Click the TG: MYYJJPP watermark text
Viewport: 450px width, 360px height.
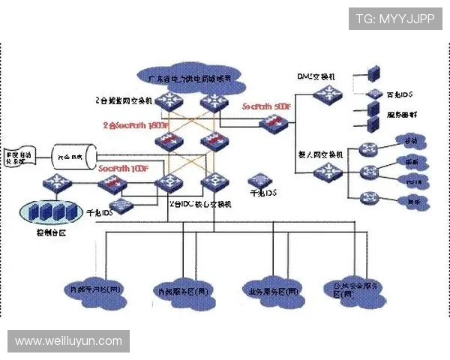[395, 19]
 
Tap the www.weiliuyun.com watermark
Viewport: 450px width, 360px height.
[68, 341]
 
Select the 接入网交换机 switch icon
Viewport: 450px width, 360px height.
[327, 172]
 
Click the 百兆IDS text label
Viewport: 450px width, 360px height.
[400, 96]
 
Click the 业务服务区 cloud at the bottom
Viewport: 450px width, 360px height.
[272, 289]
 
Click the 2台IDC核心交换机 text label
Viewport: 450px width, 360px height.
[202, 204]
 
